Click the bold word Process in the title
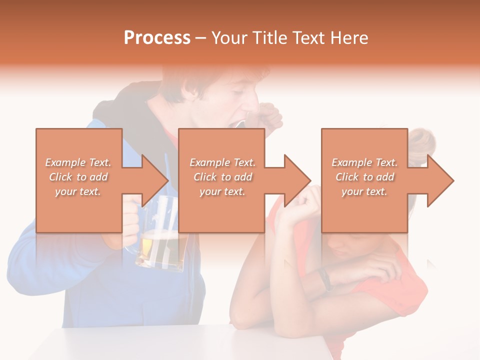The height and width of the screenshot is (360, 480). (157, 38)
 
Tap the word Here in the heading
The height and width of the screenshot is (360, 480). (349, 38)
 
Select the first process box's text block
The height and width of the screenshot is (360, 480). (78, 177)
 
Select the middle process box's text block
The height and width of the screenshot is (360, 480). (222, 177)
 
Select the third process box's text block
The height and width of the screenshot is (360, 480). (364, 177)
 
